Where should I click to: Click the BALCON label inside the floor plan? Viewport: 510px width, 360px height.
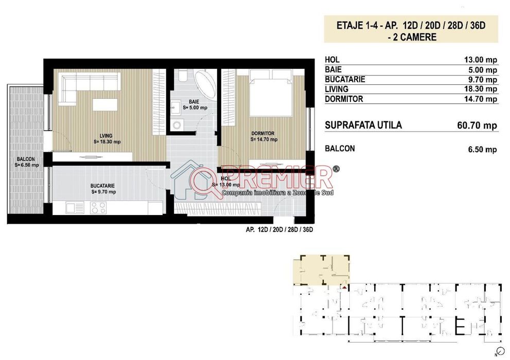click(x=25, y=159)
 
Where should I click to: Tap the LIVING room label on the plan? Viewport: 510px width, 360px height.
click(x=107, y=135)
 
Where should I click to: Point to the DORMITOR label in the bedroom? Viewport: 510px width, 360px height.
click(x=262, y=133)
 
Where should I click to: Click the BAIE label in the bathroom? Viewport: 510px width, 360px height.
click(x=194, y=102)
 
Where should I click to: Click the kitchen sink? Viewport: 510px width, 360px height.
click(x=74, y=208)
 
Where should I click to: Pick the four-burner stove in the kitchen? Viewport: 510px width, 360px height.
click(x=99, y=208)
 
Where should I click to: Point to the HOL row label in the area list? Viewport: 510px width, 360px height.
click(x=332, y=60)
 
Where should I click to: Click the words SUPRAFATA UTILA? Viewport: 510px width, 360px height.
click(x=363, y=125)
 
